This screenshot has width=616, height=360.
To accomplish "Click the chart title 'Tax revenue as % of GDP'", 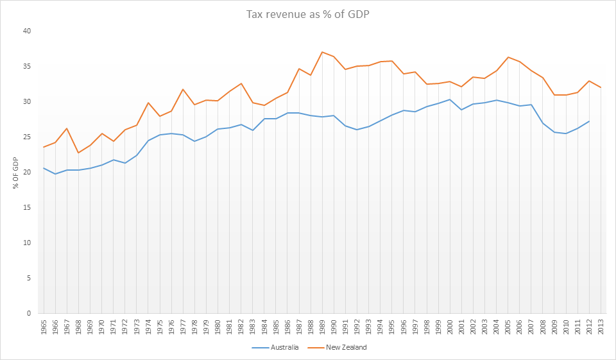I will click(308, 13).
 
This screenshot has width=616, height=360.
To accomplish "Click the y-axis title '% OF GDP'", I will click(15, 172).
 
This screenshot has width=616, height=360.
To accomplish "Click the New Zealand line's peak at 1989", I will click(322, 52).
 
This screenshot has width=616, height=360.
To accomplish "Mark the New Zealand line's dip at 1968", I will click(78, 153).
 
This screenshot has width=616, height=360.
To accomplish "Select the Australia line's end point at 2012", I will click(589, 121).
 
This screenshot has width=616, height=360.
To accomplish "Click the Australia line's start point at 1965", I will click(44, 168).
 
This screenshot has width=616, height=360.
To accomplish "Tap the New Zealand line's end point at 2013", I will click(601, 87).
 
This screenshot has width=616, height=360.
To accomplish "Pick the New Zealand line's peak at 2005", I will click(508, 57).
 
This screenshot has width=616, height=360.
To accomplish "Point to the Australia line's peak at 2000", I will click(450, 99).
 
